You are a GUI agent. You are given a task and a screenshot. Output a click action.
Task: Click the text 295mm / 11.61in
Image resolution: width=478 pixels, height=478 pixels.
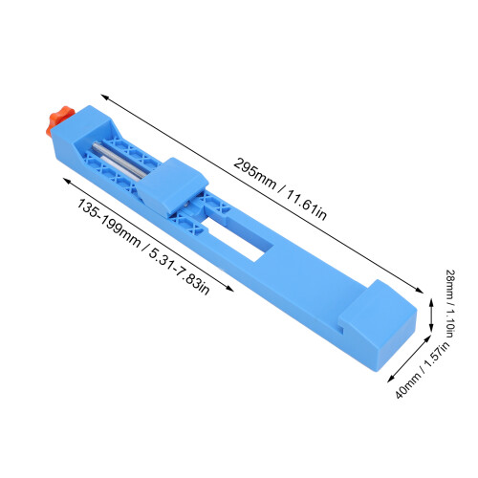(280, 188)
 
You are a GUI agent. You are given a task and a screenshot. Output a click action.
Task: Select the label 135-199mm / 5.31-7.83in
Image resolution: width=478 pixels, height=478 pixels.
(142, 247)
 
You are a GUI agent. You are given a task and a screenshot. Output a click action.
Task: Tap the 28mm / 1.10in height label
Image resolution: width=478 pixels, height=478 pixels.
(451, 303)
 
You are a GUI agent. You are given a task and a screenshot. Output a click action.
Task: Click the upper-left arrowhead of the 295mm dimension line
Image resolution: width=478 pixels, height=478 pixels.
(102, 96)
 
